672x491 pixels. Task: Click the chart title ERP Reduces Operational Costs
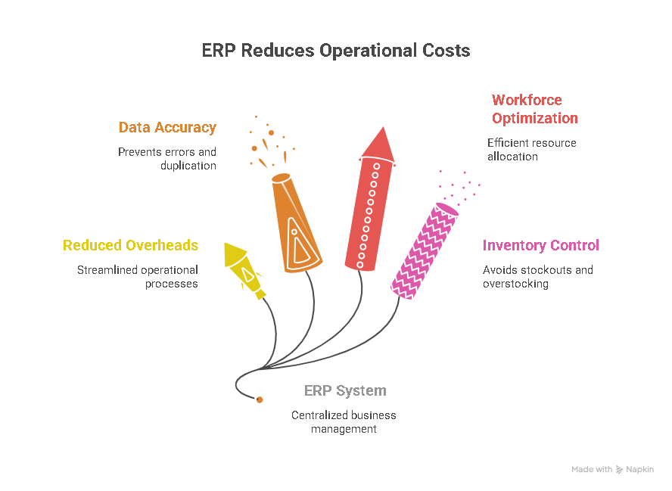point(335,51)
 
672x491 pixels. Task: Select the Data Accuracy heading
point(167,128)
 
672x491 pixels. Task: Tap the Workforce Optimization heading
point(534,109)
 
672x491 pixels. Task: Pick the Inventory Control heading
point(540,245)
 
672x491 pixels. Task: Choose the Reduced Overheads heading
point(130,245)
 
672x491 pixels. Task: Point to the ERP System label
point(345,391)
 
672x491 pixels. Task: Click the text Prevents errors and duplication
point(167,159)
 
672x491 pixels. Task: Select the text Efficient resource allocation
point(531,150)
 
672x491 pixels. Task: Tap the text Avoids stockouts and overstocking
point(537,277)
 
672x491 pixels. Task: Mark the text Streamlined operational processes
point(138,277)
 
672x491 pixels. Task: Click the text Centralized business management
point(344,422)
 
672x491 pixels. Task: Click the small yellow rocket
point(245,269)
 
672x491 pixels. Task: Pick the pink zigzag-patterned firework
point(425,249)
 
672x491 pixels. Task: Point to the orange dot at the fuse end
point(260,399)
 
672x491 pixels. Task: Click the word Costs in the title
point(445,51)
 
